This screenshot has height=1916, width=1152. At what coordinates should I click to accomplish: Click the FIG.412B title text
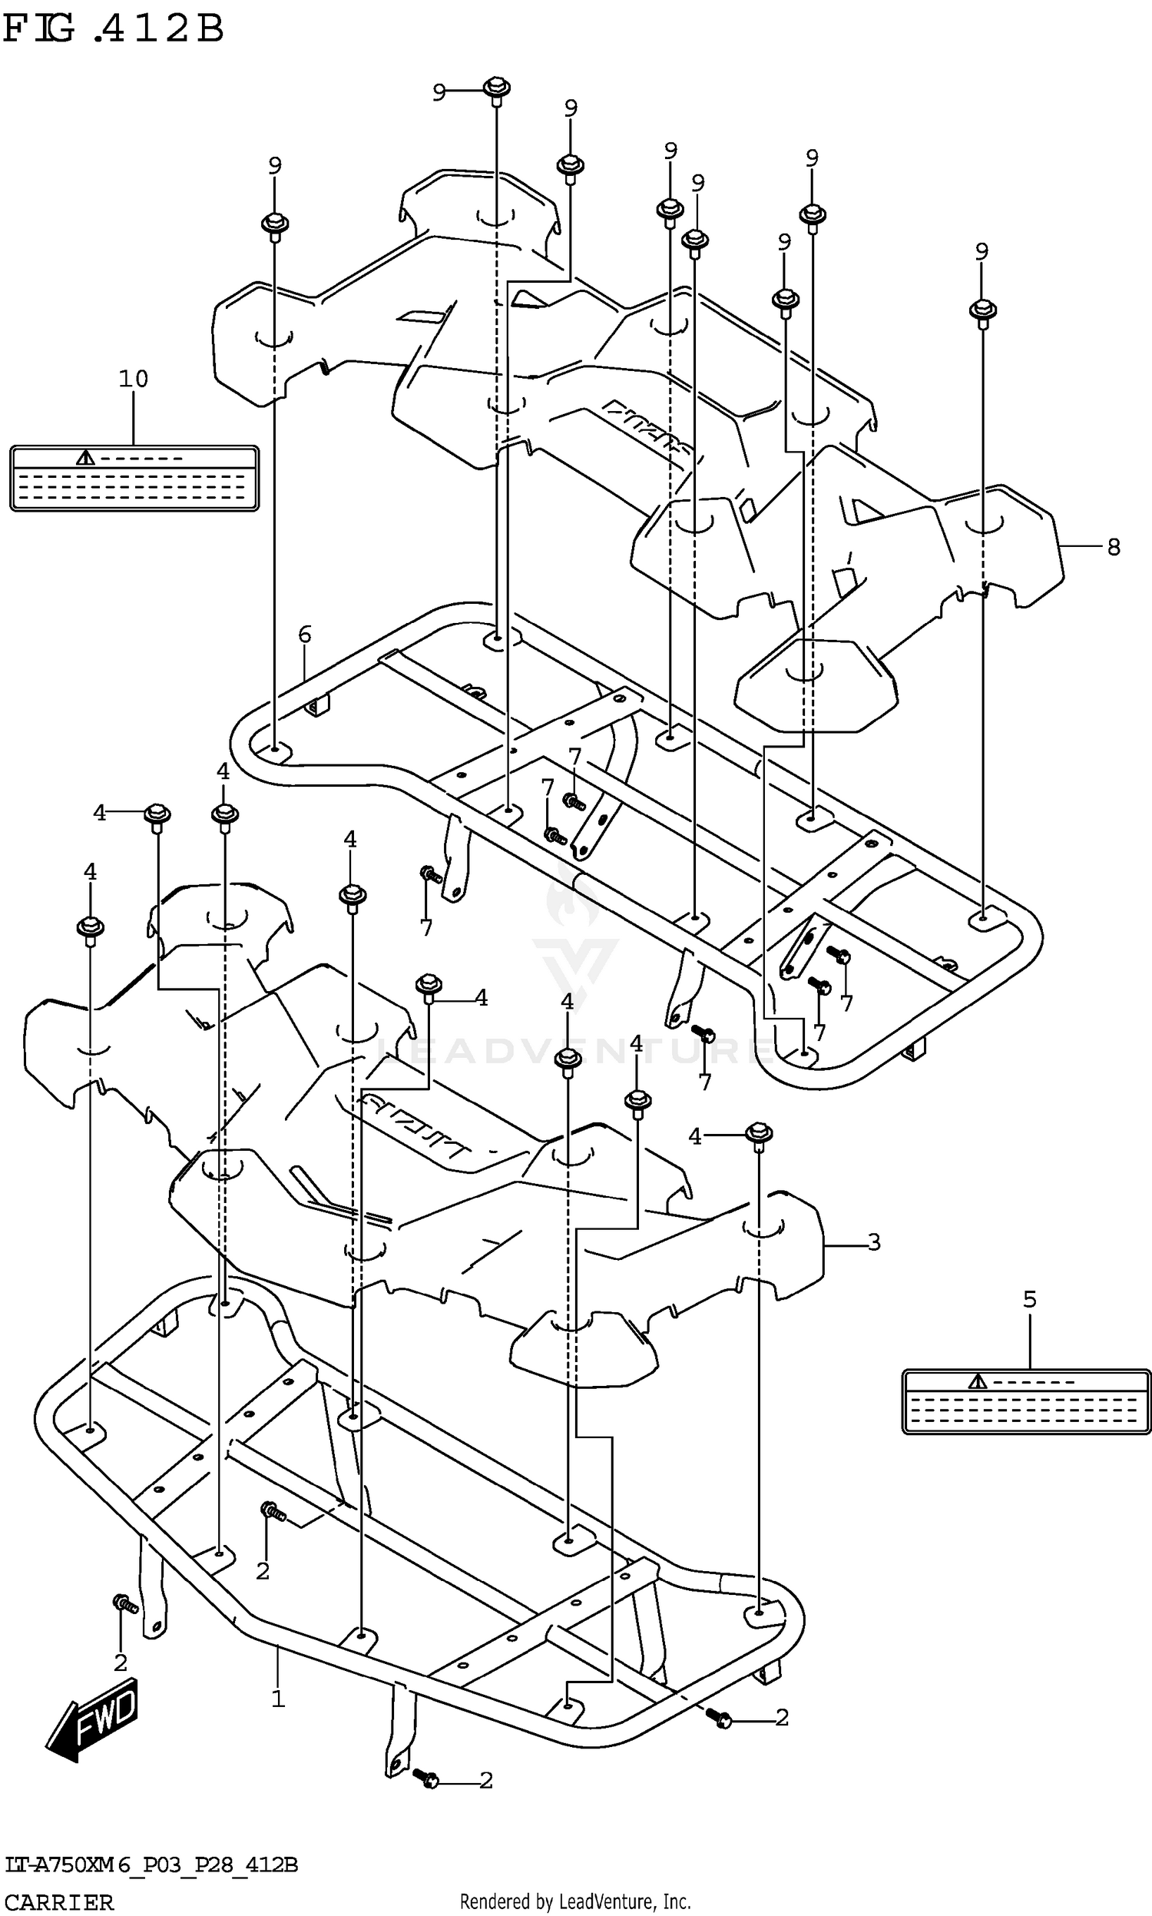point(114,28)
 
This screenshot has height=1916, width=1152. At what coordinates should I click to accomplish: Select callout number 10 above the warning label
point(133,379)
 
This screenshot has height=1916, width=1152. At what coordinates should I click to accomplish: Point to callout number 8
point(1113,547)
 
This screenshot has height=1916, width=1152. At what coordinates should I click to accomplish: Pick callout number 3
point(874,1242)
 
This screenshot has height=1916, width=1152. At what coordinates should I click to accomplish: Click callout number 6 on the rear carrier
point(304,635)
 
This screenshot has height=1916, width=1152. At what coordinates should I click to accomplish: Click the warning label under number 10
point(134,478)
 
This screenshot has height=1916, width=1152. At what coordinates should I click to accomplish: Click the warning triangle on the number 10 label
point(85,457)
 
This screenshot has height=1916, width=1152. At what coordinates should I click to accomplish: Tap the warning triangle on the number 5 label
point(978,1381)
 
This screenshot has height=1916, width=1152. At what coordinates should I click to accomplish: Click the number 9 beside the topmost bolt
point(439,92)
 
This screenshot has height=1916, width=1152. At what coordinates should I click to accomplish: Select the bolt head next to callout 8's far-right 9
point(983,310)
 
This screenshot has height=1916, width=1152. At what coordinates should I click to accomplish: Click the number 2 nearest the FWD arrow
point(121,1663)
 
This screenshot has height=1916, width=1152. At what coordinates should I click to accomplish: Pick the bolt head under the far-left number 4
point(90,927)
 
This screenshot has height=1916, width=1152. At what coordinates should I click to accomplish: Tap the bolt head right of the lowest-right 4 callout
point(759,1132)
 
